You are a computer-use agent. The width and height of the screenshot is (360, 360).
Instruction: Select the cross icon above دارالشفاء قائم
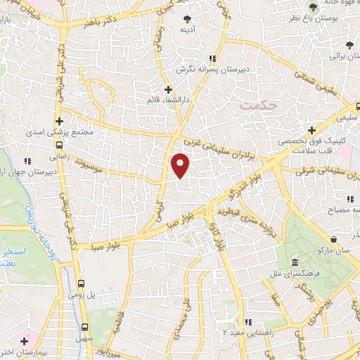167,89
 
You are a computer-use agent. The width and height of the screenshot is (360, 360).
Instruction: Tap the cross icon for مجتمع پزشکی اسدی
60,121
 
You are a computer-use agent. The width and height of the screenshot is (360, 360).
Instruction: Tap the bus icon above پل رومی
82,283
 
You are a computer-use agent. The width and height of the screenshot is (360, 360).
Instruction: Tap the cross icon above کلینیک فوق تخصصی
311,131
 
